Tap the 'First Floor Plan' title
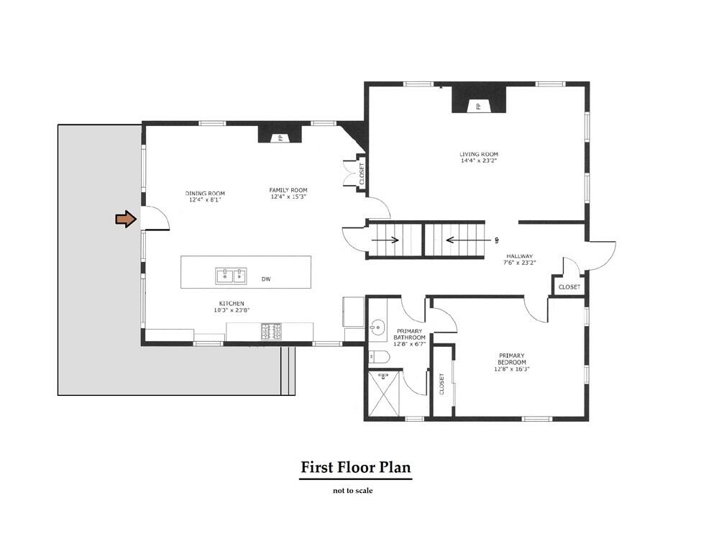(355, 468)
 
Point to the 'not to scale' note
(352, 491)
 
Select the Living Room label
(479, 158)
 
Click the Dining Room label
(205, 196)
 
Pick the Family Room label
(288, 193)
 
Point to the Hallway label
(518, 259)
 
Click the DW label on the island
(266, 279)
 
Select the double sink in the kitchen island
(231, 275)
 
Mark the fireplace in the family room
(275, 135)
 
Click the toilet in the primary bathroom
(379, 356)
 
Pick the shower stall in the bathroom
(385, 393)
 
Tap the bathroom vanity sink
(376, 328)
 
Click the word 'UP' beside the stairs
(496, 240)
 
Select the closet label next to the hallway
(569, 287)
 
